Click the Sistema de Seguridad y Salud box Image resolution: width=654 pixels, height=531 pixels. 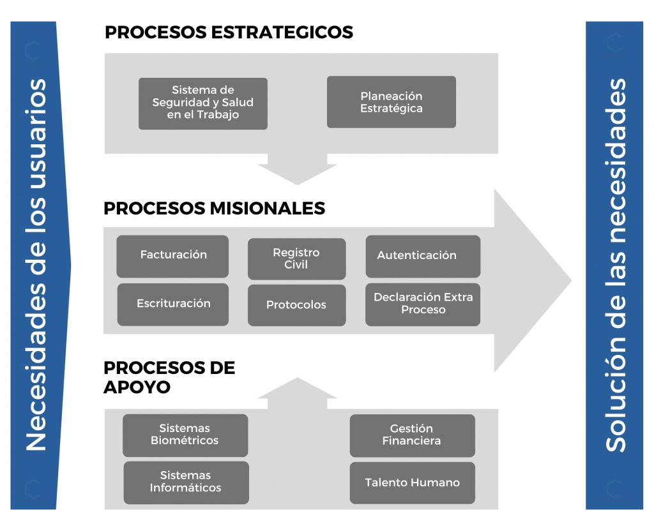coord(202,103)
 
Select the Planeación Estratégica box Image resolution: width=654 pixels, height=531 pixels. coord(392,101)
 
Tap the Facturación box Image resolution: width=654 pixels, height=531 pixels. coord(172,257)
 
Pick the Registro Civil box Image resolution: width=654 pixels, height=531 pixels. coord(296,259)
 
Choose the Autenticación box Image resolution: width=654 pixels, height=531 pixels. coord(423,257)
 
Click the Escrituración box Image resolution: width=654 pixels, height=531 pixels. coord(172,304)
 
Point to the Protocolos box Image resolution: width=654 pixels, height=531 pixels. coord(296,305)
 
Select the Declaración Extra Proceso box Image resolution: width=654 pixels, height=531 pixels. coord(423,304)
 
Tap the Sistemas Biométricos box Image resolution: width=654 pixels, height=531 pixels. coord(185,435)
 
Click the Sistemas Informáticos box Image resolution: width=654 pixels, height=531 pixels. coord(186,482)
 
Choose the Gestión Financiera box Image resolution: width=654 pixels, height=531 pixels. coord(413,435)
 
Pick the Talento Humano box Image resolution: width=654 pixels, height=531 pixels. coord(413,482)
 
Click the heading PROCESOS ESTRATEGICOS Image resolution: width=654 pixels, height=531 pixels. coord(229,32)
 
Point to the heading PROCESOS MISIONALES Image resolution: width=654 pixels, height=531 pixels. coord(215,208)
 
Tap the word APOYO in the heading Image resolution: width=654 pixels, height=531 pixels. coord(137,387)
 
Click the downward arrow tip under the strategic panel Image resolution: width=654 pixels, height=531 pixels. coord(298,184)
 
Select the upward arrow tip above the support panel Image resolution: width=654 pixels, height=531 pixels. coord(298,378)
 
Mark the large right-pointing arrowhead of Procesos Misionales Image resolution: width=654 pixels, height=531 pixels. coord(532,281)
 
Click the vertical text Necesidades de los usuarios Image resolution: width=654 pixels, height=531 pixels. coord(36,265)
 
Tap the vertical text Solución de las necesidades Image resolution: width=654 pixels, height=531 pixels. coord(615,265)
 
